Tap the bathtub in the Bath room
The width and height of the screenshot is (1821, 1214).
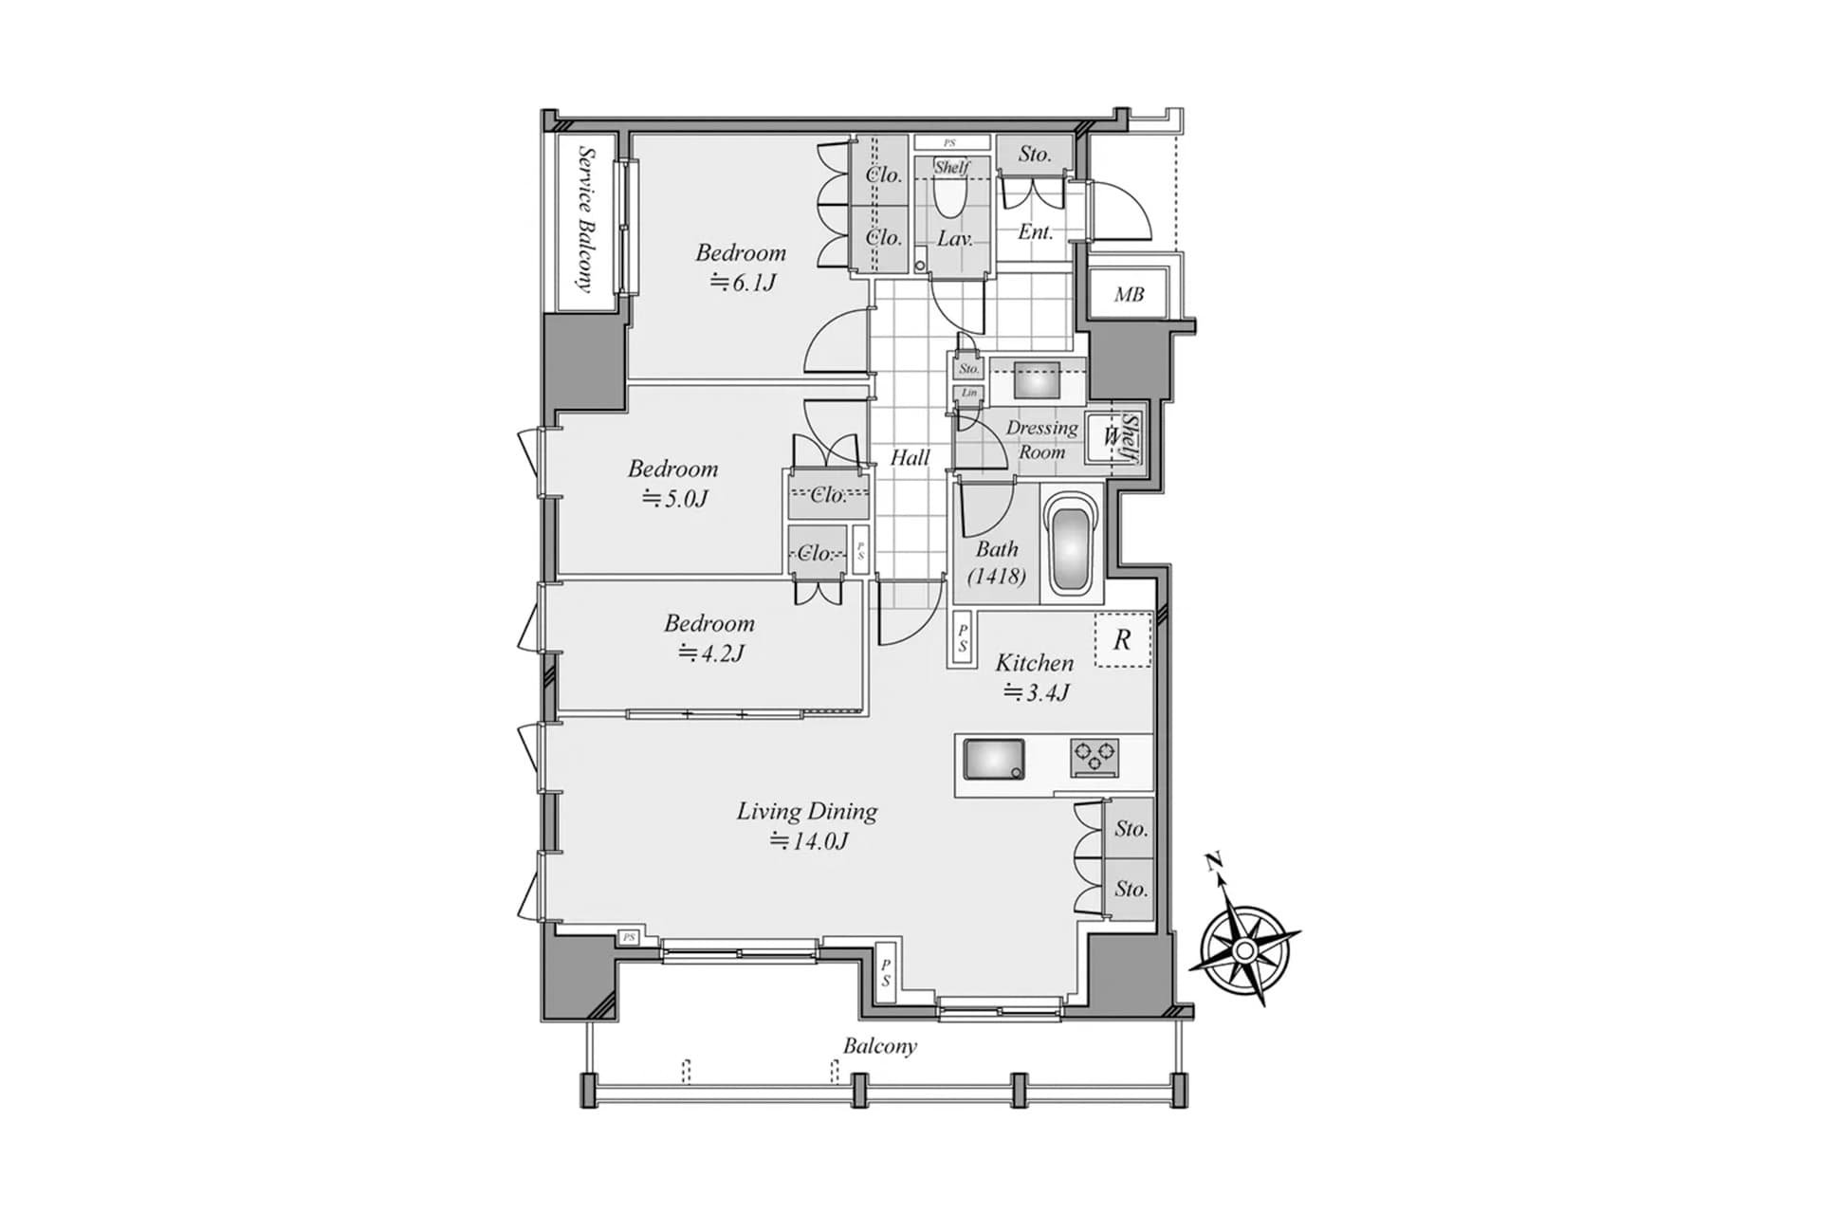1073,544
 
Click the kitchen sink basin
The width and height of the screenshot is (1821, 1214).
993,760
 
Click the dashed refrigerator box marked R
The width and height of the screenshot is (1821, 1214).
1123,639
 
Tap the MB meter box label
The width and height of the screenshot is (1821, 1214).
1129,295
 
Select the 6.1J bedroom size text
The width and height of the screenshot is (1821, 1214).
745,283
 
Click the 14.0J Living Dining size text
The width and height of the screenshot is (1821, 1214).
808,841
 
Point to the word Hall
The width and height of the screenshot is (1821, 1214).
910,458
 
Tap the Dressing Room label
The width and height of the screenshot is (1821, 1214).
1041,440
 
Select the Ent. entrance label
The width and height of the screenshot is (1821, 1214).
1035,232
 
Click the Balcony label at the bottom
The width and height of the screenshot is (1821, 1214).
880,1046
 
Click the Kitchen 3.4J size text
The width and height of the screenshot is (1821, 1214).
1036,693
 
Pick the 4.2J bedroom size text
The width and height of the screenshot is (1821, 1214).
711,653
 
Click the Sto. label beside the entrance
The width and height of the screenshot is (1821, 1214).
1035,154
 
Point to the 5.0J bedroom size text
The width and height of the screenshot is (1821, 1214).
675,499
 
